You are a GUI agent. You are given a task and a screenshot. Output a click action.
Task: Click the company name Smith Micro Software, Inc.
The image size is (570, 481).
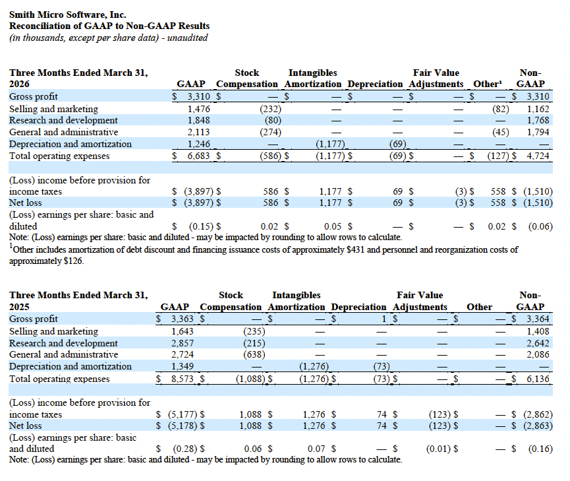coord(68,15)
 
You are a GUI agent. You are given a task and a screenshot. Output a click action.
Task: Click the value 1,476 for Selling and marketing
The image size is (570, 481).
coord(198,108)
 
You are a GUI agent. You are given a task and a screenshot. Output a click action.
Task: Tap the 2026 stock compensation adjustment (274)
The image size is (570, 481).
coord(270,132)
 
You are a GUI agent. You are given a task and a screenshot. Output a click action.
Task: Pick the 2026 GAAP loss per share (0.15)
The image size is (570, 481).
coord(197,226)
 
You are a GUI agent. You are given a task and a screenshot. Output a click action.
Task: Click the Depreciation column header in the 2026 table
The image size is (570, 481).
coord(374,84)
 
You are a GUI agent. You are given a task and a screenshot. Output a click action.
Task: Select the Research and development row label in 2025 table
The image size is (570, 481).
coord(63,343)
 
